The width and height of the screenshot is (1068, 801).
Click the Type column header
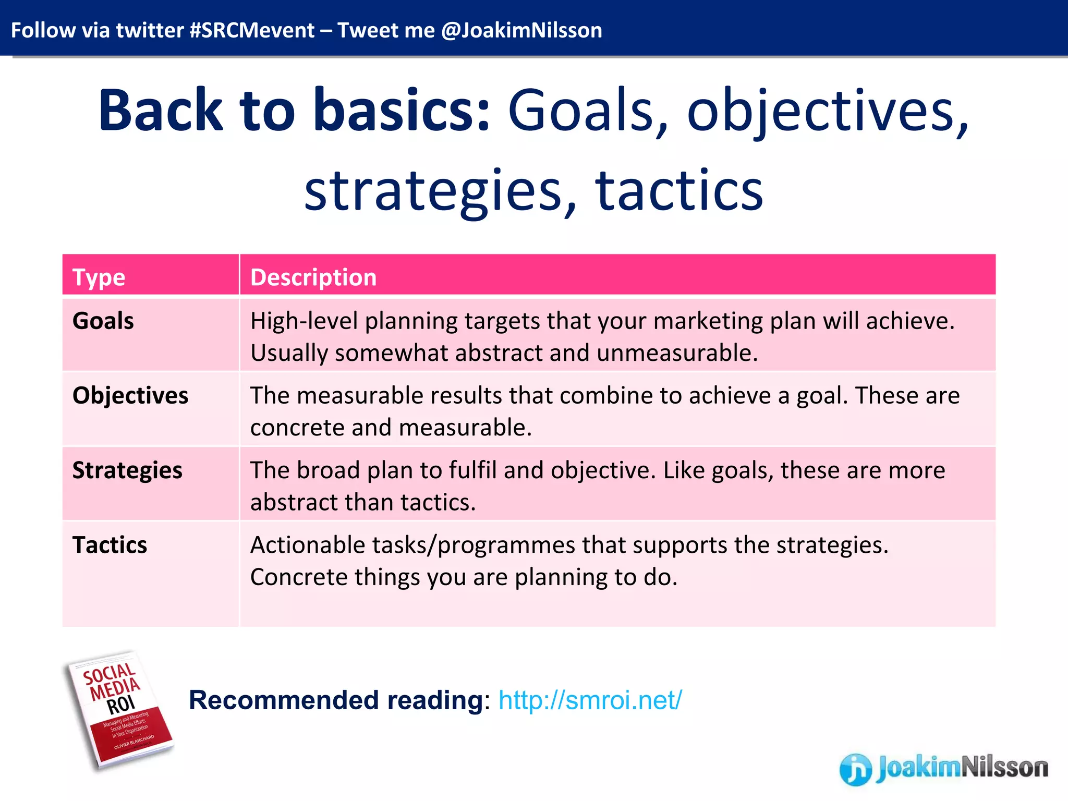[x=99, y=277]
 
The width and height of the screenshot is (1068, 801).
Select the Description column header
[x=313, y=277]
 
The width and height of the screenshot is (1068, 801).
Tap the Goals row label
[x=103, y=321]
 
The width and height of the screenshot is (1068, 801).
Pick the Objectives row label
[x=130, y=395]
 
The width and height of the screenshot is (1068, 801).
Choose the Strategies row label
[x=127, y=470]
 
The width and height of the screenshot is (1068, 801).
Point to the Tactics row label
[x=110, y=545]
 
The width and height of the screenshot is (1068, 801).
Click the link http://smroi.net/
[x=590, y=700]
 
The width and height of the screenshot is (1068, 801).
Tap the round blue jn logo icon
[x=855, y=769]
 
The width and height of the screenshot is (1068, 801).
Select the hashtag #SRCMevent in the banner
[x=252, y=30]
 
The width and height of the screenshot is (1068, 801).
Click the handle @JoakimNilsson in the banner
[x=521, y=30]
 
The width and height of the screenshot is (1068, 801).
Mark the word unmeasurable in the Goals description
[x=677, y=353]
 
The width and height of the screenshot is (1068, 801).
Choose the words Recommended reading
[x=336, y=700]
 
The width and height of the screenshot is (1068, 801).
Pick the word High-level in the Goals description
[x=304, y=321]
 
